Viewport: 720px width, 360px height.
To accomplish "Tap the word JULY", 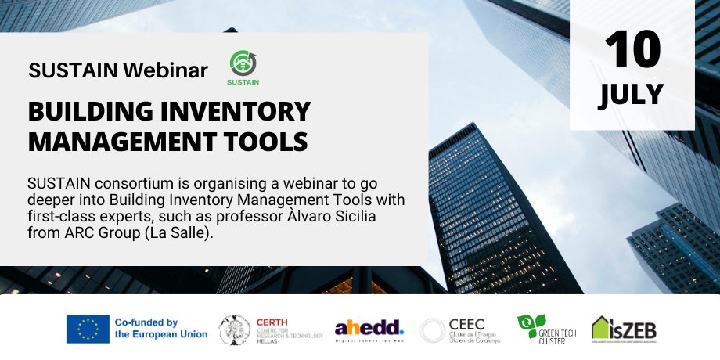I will [632, 94].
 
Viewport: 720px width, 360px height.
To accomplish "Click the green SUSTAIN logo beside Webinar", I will [244, 67].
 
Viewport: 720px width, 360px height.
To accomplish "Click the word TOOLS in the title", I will [263, 142].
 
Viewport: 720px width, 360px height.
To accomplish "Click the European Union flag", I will [88, 329].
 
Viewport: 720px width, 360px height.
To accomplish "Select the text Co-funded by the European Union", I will [160, 329].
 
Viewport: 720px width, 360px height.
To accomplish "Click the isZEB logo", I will [624, 329].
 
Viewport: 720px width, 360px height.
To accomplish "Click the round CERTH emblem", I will [234, 329].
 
